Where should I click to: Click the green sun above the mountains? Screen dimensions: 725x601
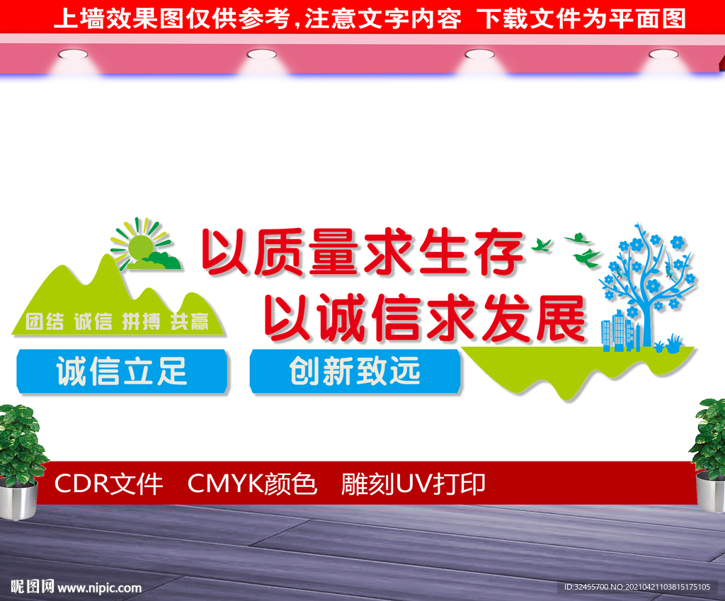pyautogui.click(x=141, y=247)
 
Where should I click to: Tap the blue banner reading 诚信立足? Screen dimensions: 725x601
pyautogui.click(x=122, y=371)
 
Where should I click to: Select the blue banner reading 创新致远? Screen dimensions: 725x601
pyautogui.click(x=355, y=371)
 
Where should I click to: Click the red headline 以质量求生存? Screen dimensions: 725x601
pyautogui.click(x=362, y=252)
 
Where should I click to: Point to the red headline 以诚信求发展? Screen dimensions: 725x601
pyautogui.click(x=425, y=318)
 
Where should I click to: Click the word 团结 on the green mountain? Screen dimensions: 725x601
pyautogui.click(x=45, y=321)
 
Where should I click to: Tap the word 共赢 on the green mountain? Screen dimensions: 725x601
pyautogui.click(x=190, y=321)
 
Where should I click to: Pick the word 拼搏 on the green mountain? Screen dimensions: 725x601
pyautogui.click(x=141, y=321)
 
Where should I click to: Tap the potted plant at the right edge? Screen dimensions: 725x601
pyautogui.click(x=709, y=455)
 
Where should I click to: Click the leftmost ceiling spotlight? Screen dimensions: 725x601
pyautogui.click(x=73, y=55)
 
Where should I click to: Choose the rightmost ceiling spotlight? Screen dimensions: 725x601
pyautogui.click(x=663, y=55)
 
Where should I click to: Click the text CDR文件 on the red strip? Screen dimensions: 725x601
pyautogui.click(x=108, y=484)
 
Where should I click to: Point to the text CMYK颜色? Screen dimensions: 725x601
pyautogui.click(x=253, y=484)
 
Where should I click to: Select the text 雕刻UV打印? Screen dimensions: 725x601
pyautogui.click(x=413, y=484)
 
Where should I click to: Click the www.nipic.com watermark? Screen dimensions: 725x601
pyautogui.click(x=99, y=588)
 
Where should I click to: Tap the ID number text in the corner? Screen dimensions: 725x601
pyautogui.click(x=636, y=587)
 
